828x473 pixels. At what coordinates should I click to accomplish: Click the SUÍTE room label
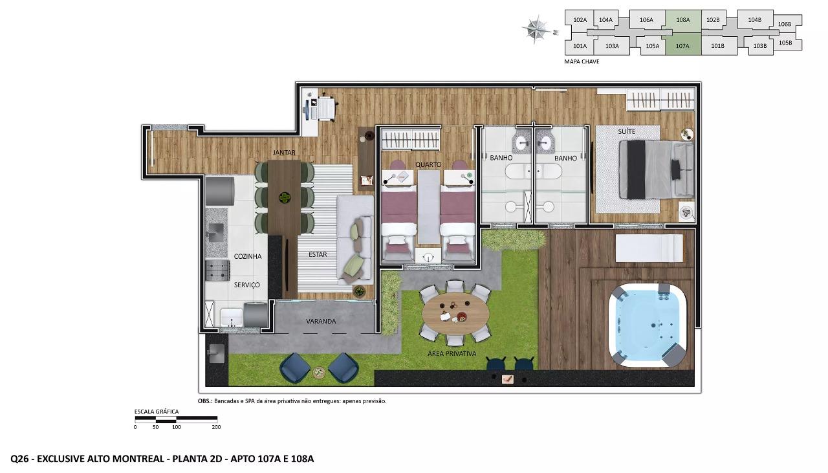tap(627, 131)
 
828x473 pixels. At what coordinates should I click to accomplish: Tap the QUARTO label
tap(428, 164)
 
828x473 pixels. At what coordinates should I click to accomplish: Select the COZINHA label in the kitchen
tap(248, 256)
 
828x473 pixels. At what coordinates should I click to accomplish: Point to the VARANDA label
tap(321, 322)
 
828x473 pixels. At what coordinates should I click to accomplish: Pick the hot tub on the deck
tap(648, 325)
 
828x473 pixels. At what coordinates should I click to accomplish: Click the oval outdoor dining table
tap(455, 314)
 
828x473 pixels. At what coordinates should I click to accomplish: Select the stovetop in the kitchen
tap(217, 270)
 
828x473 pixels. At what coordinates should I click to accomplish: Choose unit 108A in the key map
tap(683, 21)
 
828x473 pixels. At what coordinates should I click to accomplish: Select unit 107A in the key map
tap(683, 45)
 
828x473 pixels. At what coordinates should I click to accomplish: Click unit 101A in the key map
tap(580, 46)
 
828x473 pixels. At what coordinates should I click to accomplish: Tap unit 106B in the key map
tap(785, 25)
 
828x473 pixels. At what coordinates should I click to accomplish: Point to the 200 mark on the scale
tap(216, 427)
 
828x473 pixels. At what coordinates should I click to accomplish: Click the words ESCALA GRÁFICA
tap(157, 412)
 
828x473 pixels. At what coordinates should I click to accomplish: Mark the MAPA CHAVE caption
tap(582, 61)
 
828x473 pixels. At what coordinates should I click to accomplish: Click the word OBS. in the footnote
tap(205, 401)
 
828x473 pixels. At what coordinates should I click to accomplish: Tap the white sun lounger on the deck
tap(649, 248)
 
